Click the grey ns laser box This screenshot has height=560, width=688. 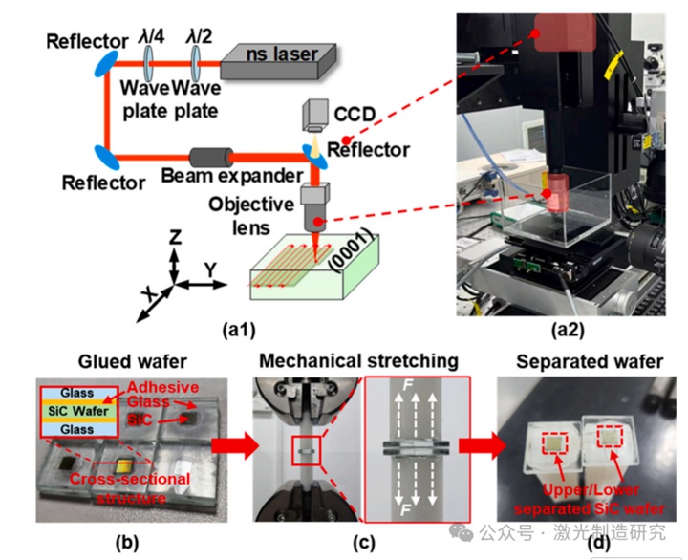(x=278, y=60)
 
